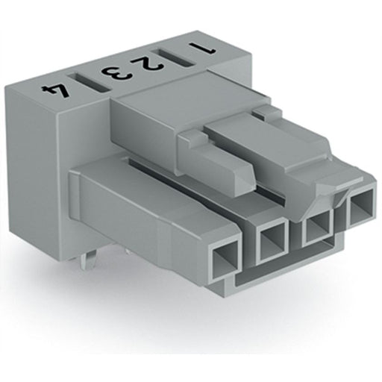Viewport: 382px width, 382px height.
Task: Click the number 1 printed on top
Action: pyautogui.click(x=203, y=48)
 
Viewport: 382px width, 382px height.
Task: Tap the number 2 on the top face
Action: pyautogui.click(x=148, y=64)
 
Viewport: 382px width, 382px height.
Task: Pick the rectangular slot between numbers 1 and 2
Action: pyautogui.click(x=174, y=58)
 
